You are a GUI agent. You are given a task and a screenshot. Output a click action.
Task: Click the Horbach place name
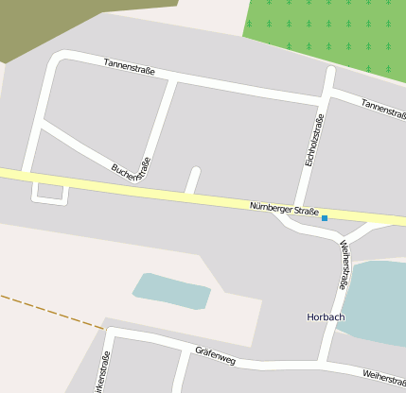click(x=327, y=316)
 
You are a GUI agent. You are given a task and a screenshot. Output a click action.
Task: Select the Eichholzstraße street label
click(x=314, y=140)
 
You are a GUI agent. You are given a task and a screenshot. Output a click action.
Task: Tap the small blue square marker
click(x=325, y=218)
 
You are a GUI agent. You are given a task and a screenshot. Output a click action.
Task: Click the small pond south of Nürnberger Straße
click(x=171, y=290)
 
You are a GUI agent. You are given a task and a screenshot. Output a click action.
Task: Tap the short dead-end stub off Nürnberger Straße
click(x=193, y=179)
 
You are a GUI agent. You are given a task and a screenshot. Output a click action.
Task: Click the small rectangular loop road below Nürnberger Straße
click(x=50, y=194)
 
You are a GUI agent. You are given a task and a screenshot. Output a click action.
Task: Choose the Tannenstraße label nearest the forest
click(x=382, y=108)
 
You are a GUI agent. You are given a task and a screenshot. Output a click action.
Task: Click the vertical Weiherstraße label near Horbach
click(x=344, y=264)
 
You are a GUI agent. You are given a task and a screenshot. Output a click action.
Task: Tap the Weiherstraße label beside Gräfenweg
click(x=382, y=377)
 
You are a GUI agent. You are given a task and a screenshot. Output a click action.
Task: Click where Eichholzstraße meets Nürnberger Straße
click(x=300, y=209)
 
